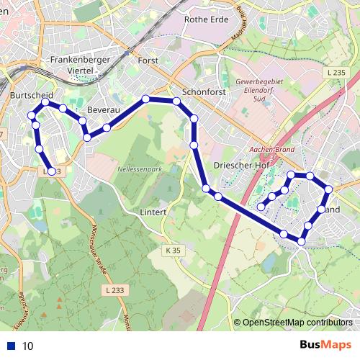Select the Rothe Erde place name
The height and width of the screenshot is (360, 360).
point(206,20)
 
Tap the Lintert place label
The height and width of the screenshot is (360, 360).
point(154,212)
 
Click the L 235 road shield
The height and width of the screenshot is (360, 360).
point(336,73)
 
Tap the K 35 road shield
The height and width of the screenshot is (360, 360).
point(171,250)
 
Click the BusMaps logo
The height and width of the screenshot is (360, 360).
point(325,346)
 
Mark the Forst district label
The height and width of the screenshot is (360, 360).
point(147,61)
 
